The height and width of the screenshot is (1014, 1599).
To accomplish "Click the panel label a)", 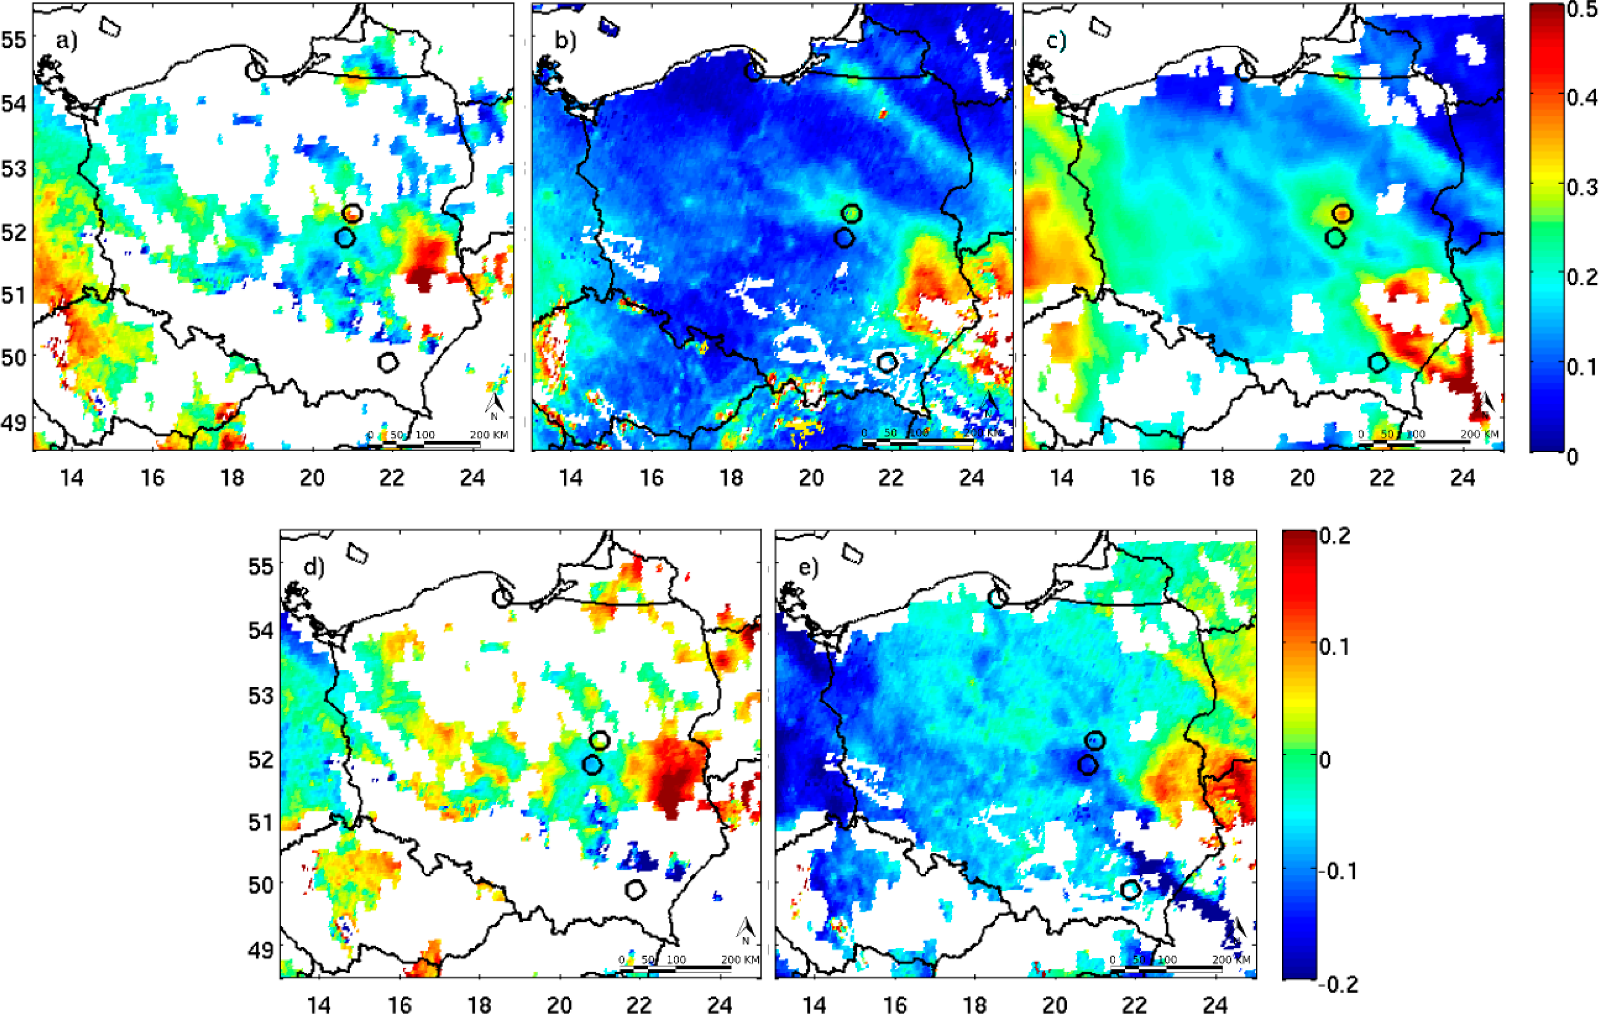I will coord(66,41).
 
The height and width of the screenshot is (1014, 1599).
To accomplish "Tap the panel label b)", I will coord(565,41).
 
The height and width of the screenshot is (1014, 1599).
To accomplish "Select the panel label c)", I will coord(1056,41).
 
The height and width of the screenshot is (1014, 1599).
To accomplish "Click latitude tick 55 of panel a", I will coord(14,40).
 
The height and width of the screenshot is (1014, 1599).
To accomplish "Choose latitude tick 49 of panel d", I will coord(260,950).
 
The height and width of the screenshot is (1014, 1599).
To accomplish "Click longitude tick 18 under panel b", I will coord(731,478).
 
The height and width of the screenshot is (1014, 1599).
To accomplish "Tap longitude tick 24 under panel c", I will coord(1462,478).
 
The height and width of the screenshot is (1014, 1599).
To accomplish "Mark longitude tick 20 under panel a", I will coord(312,478).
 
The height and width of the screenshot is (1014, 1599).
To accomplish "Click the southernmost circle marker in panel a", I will coord(388,362).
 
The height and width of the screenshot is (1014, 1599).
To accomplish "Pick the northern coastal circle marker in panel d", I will coord(502,598).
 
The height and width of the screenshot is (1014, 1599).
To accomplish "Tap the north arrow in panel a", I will coord(494,405).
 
